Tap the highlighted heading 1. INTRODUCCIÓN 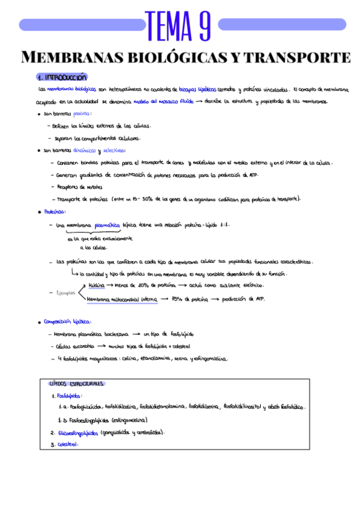pos(62,78)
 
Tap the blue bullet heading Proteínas pos(55,212)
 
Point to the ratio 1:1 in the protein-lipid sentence pos(224,224)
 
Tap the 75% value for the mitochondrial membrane pos(178,299)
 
